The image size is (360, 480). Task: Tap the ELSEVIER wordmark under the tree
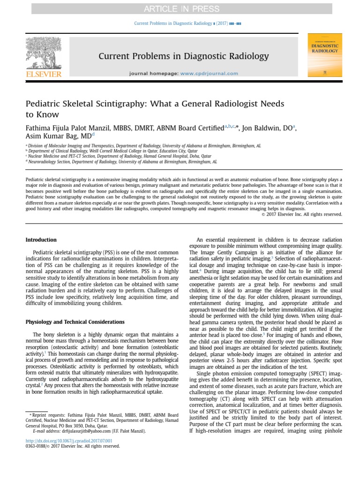pyautogui.click(x=44, y=74)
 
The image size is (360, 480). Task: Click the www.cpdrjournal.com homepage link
pyautogui.click(x=209, y=74)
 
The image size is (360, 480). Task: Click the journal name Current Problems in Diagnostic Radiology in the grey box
pyautogui.click(x=184, y=57)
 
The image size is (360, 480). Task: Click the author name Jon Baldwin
pyautogui.click(x=265, y=127)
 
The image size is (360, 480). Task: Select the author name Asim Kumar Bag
pyautogui.click(x=52, y=136)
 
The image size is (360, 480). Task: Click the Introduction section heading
pyautogui.click(x=41, y=240)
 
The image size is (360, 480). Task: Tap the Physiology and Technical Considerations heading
pyautogui.click(x=75, y=322)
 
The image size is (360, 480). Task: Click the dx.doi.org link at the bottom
pyautogui.click(x=68, y=441)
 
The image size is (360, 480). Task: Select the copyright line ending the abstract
pyautogui.click(x=302, y=214)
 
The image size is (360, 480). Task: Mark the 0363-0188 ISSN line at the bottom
pyautogui.click(x=72, y=446)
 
